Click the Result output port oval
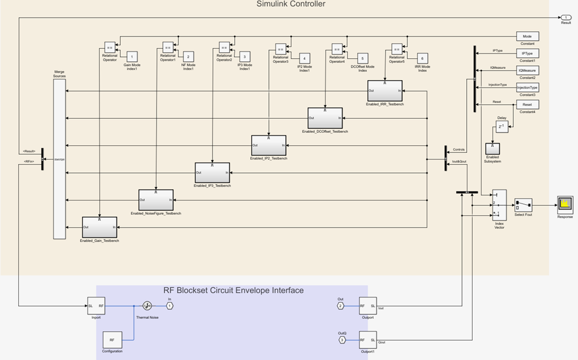pyautogui.click(x=565, y=18)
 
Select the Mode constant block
pyautogui.click(x=527, y=36)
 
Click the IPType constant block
pyautogui.click(x=527, y=54)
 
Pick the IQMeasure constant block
pyautogui.click(x=527, y=71)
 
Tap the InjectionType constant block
pyautogui.click(x=527, y=88)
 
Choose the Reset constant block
pyautogui.click(x=527, y=105)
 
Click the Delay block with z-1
pyautogui.click(x=501, y=127)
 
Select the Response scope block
pyautogui.click(x=565, y=205)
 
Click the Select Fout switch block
pyautogui.click(x=523, y=205)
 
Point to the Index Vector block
pyautogui.click(x=499, y=205)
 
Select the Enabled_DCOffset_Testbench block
pyautogui.click(x=325, y=118)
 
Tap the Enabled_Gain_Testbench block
pyautogui.click(x=99, y=227)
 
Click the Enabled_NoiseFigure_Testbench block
pyautogui.click(x=156, y=199)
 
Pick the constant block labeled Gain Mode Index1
pyautogui.click(x=131, y=56)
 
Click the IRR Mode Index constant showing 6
pyautogui.click(x=422, y=58)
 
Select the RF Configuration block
pyautogui.click(x=112, y=339)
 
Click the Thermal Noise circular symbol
pyautogui.click(x=147, y=306)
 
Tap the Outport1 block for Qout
pyautogui.click(x=368, y=339)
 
